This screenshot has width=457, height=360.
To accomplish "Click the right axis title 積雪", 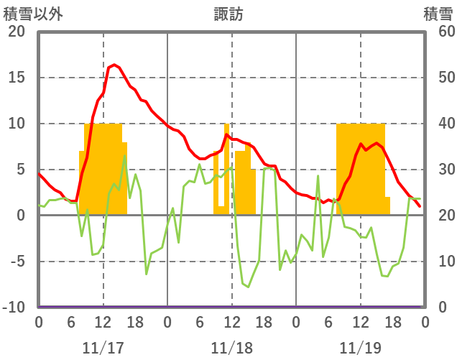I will tap(438, 14).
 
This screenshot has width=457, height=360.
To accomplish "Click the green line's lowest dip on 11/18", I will tap(248, 287).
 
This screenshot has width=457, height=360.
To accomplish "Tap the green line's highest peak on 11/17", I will tap(124, 156).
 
